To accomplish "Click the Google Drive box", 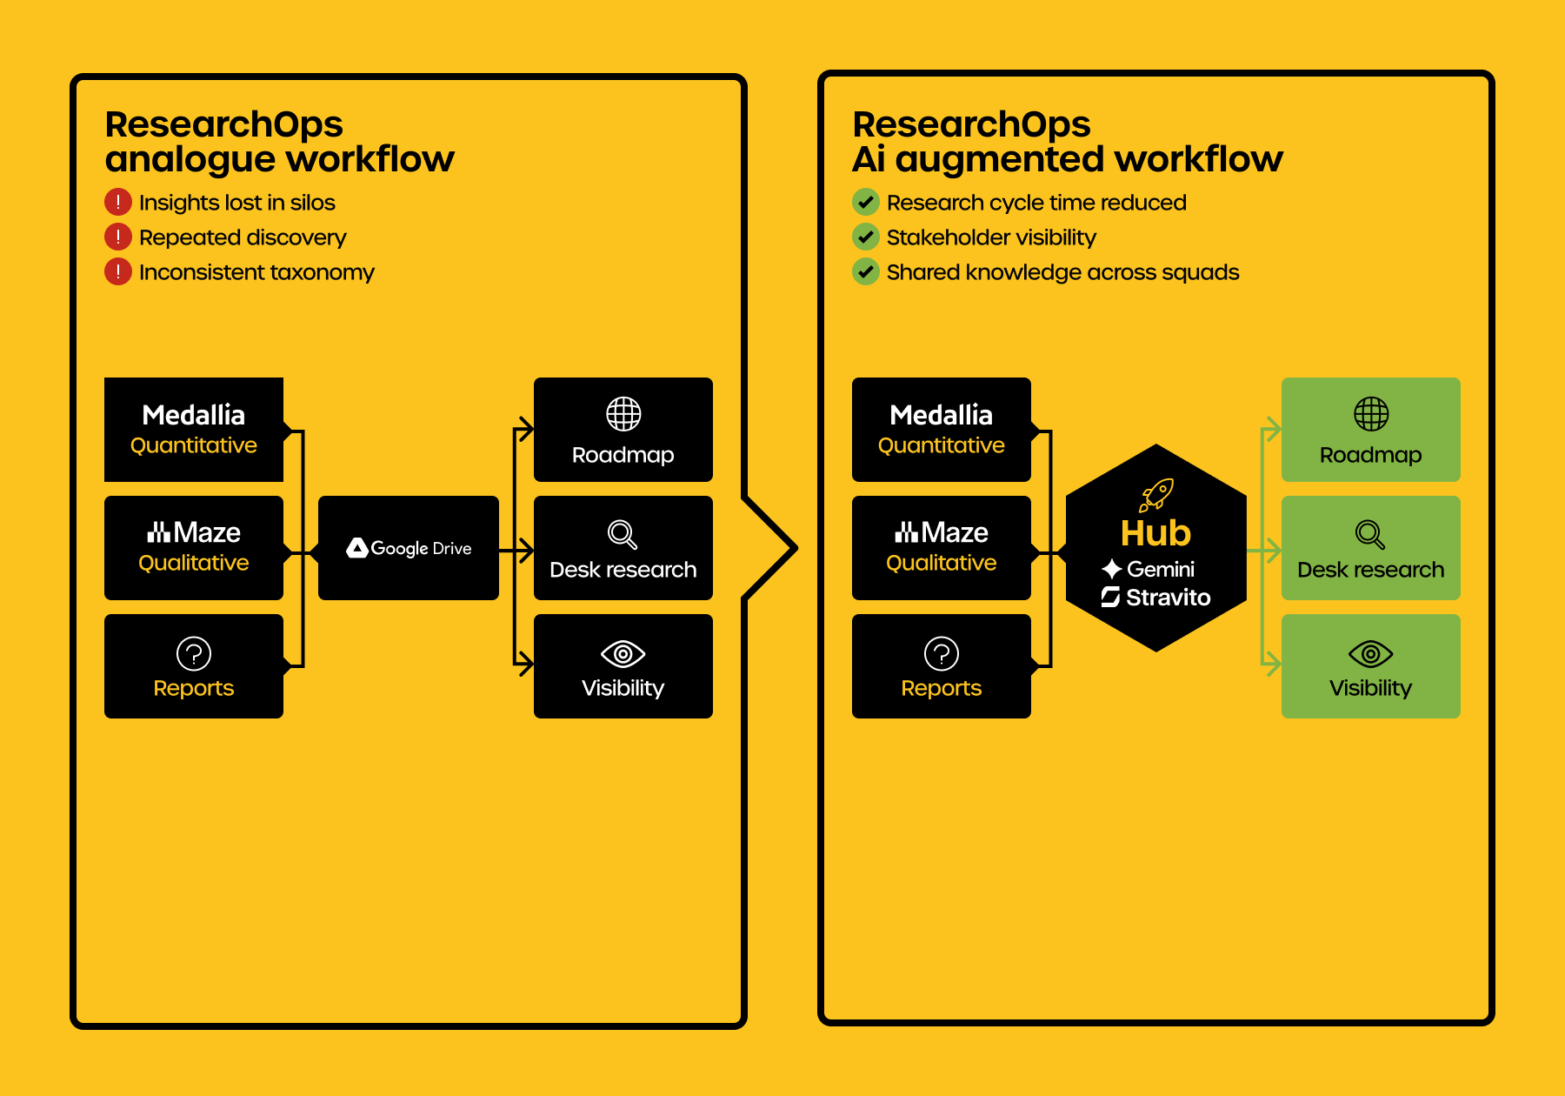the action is [x=409, y=548].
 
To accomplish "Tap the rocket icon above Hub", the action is [x=1157, y=494].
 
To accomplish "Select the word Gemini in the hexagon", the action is [x=1161, y=570].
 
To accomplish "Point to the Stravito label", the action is [x=1168, y=597].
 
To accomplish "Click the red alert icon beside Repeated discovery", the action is [x=118, y=237].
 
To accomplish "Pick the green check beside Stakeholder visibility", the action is [x=866, y=237].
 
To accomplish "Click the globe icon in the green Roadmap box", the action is [x=1371, y=414].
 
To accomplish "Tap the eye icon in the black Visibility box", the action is [x=623, y=654].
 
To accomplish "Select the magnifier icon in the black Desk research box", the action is [x=623, y=534].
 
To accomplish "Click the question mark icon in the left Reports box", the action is [x=194, y=653].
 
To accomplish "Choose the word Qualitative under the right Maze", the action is [x=942, y=563].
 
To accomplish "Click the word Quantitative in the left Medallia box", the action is [x=194, y=445].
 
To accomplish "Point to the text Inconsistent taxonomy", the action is [x=256, y=272].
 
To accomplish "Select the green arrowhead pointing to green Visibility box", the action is [x=1272, y=665].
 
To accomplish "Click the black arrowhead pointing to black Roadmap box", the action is [x=524, y=429].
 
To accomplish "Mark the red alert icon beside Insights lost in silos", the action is [x=118, y=202].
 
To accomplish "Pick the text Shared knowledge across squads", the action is [x=1062, y=272].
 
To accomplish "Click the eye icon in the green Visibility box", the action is [x=1371, y=654].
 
